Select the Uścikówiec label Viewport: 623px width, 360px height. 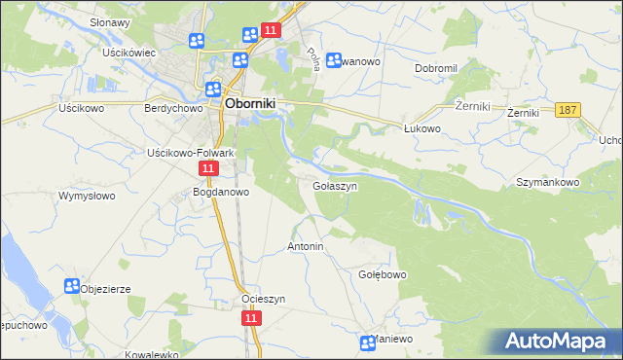(130, 53)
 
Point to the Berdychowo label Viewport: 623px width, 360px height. (171, 109)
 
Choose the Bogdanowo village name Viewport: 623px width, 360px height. (222, 192)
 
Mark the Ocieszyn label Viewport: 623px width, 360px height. (263, 299)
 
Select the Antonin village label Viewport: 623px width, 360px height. (305, 247)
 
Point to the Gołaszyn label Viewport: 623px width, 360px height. (335, 185)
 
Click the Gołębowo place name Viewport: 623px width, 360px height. (383, 275)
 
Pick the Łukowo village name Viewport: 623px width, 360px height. (423, 127)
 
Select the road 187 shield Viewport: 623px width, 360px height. (569, 111)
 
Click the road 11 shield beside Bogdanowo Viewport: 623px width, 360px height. (208, 169)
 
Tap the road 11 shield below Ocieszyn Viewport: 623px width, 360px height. (251, 318)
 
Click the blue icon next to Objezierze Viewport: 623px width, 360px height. (71, 286)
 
